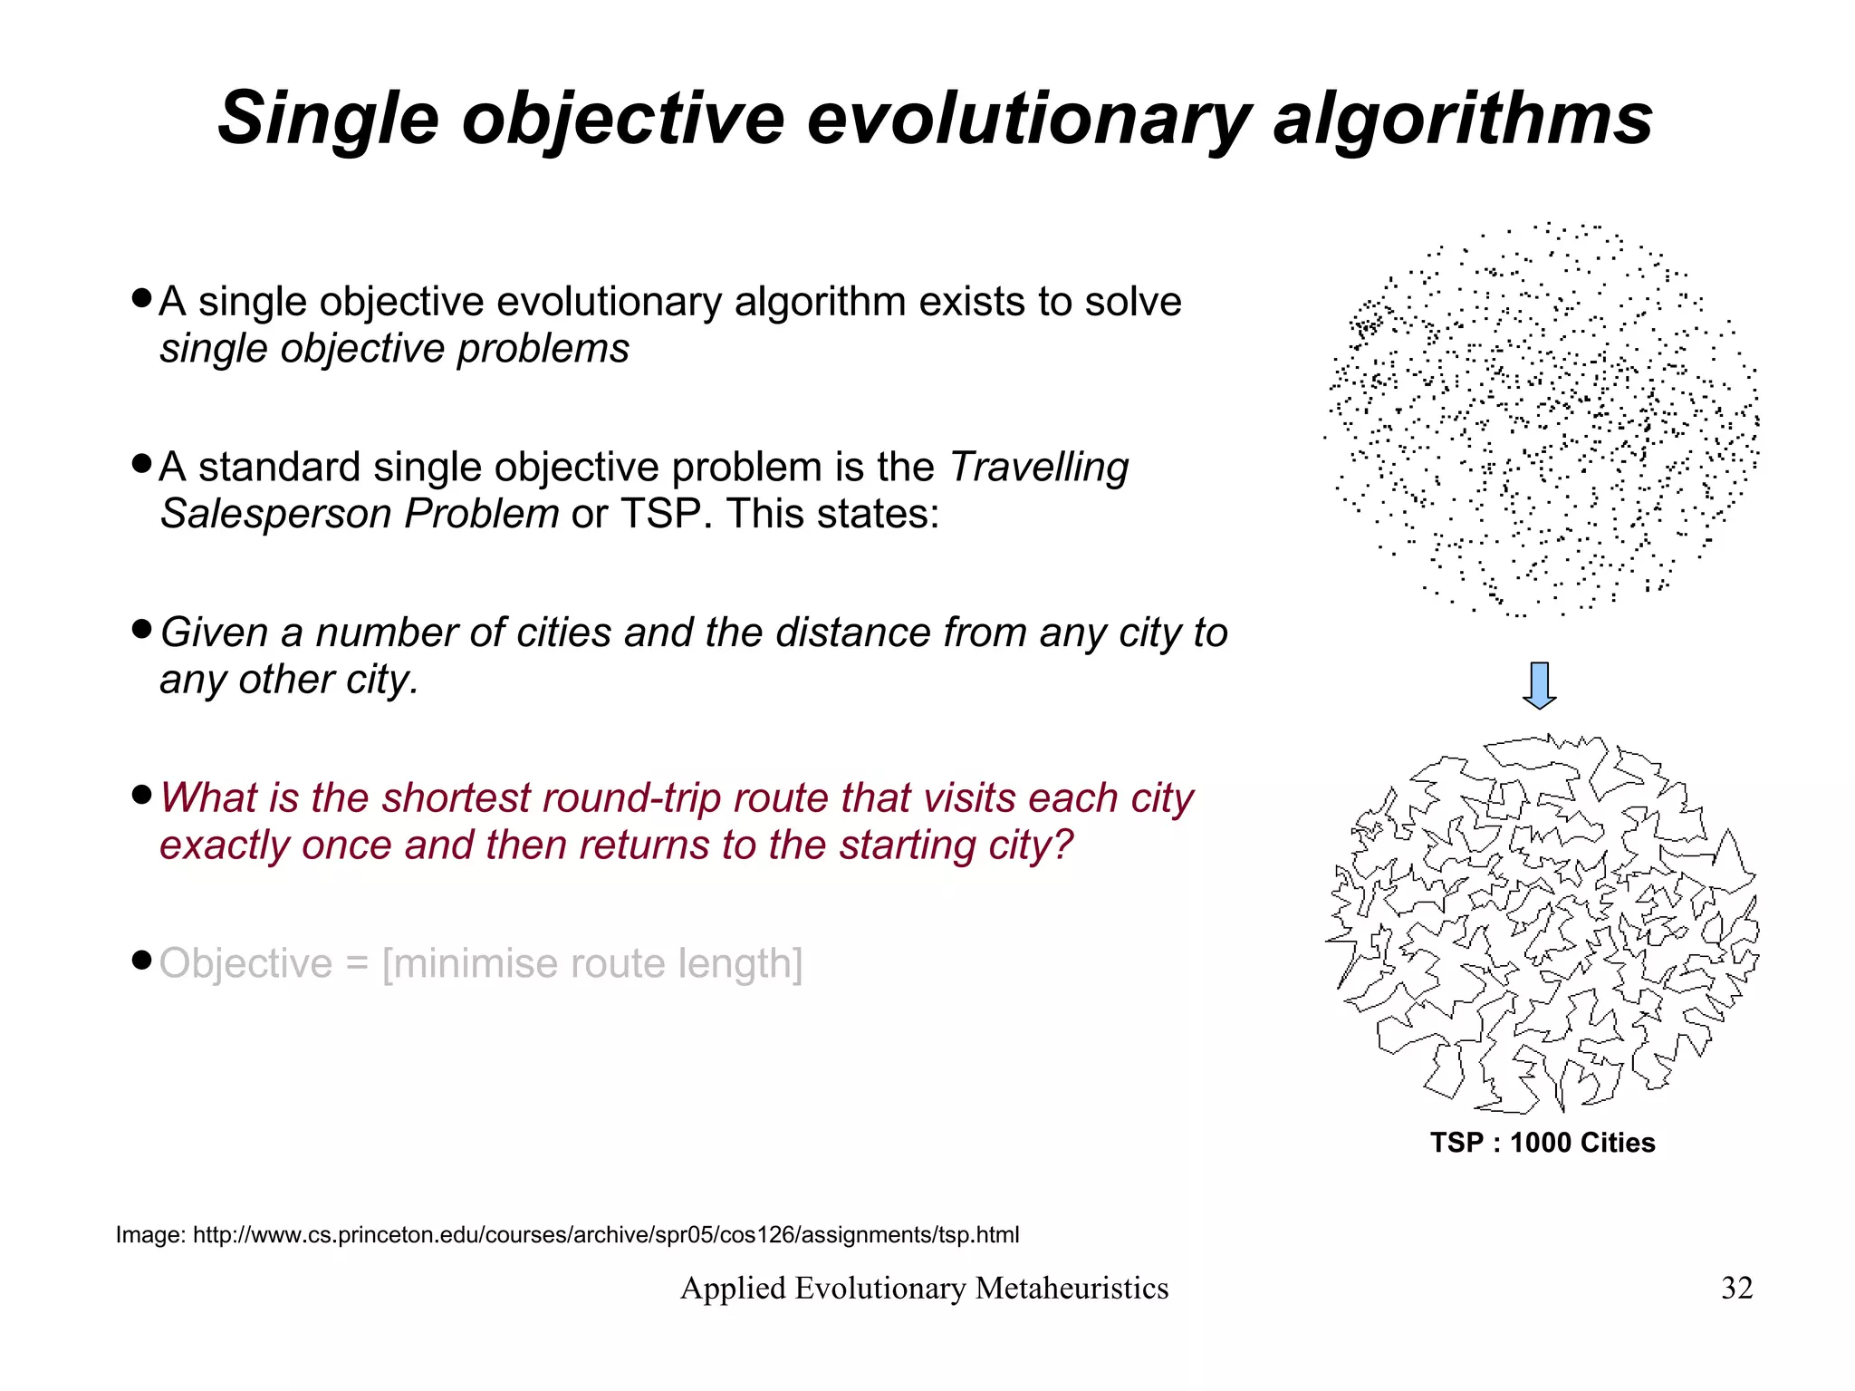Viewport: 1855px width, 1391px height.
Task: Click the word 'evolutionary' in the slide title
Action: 1028,119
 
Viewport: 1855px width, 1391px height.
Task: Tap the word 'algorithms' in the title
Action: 1462,119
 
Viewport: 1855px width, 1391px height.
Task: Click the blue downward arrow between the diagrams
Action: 1540,685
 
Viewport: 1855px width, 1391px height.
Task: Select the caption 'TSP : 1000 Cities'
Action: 1543,1143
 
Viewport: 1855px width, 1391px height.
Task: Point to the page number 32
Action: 1736,1288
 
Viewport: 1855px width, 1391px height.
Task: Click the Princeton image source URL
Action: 606,1235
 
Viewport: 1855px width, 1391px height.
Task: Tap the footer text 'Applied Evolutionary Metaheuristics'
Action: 924,1288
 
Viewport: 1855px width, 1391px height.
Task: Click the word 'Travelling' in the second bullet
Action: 1039,468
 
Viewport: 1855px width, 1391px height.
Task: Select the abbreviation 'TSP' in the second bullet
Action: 660,514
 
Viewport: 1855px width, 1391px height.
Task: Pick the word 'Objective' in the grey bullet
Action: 246,963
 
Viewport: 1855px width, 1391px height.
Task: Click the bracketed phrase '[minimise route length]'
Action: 592,963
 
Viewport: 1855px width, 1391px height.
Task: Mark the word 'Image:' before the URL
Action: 150,1235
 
